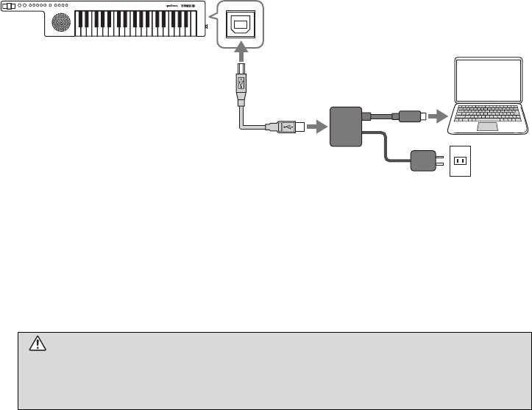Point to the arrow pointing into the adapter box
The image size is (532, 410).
[x=316, y=127]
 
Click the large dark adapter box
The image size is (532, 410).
[x=347, y=127]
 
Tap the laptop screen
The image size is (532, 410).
[x=488, y=79]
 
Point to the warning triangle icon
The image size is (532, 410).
[x=37, y=342]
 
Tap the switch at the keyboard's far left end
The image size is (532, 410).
[x=8, y=6]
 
